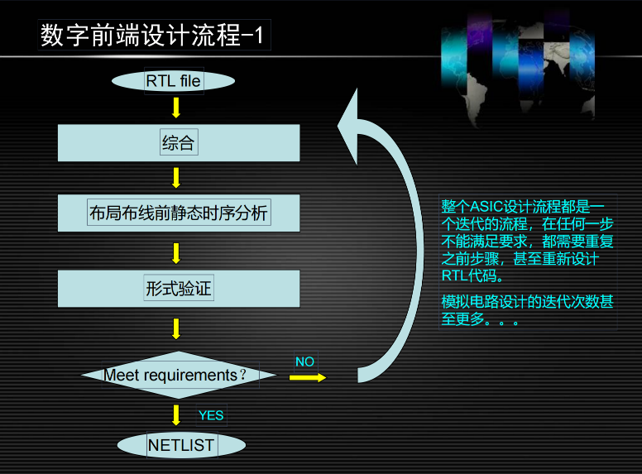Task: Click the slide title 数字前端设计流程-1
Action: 153,36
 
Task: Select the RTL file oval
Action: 174,81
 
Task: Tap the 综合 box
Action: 178,143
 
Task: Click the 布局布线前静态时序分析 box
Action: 178,213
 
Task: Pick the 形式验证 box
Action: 178,289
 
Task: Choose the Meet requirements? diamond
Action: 178,375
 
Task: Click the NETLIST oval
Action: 181,445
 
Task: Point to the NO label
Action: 304,361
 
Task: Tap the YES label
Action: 211,415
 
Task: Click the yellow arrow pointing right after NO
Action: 308,377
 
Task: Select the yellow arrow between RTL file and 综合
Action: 176,108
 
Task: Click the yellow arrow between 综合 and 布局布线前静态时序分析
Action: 176,177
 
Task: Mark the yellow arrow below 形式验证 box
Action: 176,328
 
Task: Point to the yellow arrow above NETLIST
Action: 176,414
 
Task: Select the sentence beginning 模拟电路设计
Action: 527,310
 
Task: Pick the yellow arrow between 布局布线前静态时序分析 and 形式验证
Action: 176,252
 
